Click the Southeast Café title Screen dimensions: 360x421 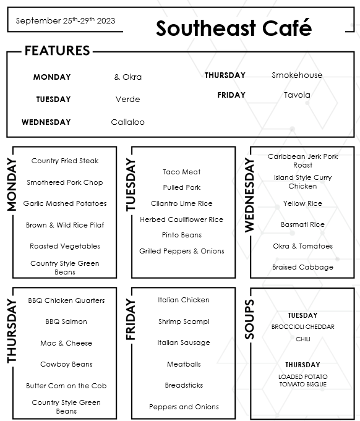tap(233, 28)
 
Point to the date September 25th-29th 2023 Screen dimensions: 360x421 tap(65, 20)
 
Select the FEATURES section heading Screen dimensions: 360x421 tap(57, 51)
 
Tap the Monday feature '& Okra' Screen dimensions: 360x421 tap(127, 77)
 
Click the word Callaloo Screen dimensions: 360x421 tap(127, 122)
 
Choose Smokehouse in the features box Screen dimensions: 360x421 tap(297, 75)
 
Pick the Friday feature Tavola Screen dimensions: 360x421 tap(297, 95)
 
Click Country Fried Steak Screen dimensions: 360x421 tap(65, 161)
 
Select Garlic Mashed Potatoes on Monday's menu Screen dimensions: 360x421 tap(65, 203)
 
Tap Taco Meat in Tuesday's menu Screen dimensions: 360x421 tap(182, 172)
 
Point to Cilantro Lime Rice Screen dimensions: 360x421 tap(182, 203)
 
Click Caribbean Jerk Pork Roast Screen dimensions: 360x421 tap(302, 161)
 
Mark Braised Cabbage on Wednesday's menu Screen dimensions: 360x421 tap(302, 267)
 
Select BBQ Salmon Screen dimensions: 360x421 tap(66, 321)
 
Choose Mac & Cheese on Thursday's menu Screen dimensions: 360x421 tap(66, 343)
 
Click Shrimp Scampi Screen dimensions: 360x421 tap(184, 321)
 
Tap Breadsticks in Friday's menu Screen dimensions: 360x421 tap(184, 385)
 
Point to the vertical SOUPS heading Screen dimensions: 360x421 tap(249, 319)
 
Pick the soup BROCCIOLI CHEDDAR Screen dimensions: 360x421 tap(302, 327)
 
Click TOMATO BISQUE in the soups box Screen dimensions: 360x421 tap(302, 385)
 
